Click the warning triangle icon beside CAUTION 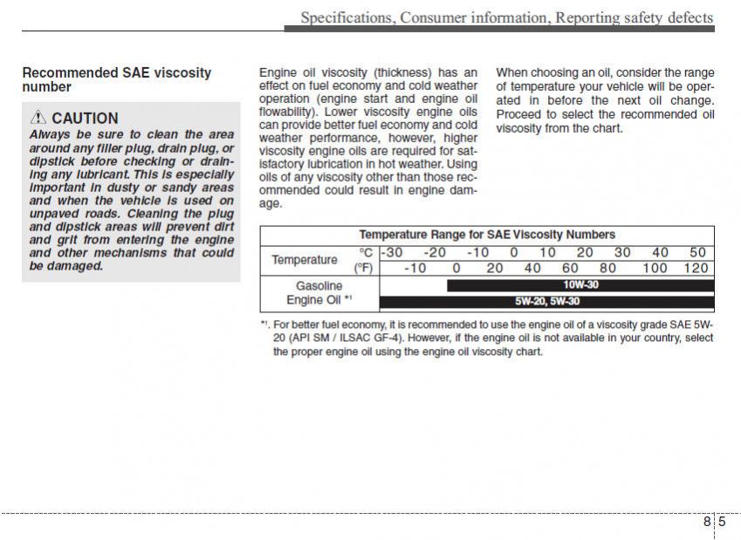pyautogui.click(x=38, y=118)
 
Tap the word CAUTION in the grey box pyautogui.click(x=85, y=118)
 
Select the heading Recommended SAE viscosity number pyautogui.click(x=116, y=79)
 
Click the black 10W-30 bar pyautogui.click(x=580, y=285)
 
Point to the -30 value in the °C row pyautogui.click(x=393, y=253)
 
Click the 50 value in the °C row pyautogui.click(x=697, y=253)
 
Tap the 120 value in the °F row pyautogui.click(x=696, y=268)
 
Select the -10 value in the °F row pyautogui.click(x=415, y=268)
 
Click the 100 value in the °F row pyautogui.click(x=655, y=268)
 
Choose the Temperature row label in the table pyautogui.click(x=304, y=260)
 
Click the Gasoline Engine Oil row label pyautogui.click(x=319, y=293)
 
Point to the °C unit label pyautogui.click(x=366, y=253)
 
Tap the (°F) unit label pyautogui.click(x=363, y=268)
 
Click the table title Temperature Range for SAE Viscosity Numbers pyautogui.click(x=487, y=235)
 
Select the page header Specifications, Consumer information pyautogui.click(x=506, y=17)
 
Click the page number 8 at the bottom pyautogui.click(x=706, y=522)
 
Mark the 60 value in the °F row pyautogui.click(x=570, y=268)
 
